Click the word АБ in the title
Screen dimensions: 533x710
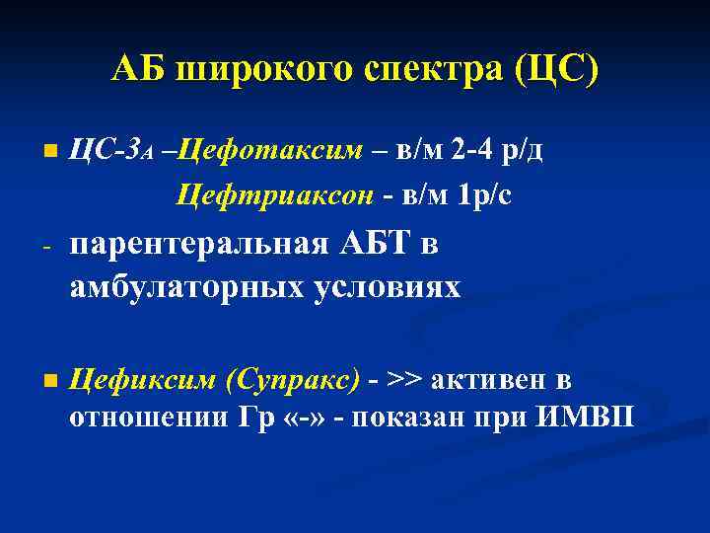pos(136,70)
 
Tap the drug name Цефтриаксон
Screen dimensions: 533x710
pos(274,195)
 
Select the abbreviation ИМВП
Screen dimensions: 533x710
pos(587,419)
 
